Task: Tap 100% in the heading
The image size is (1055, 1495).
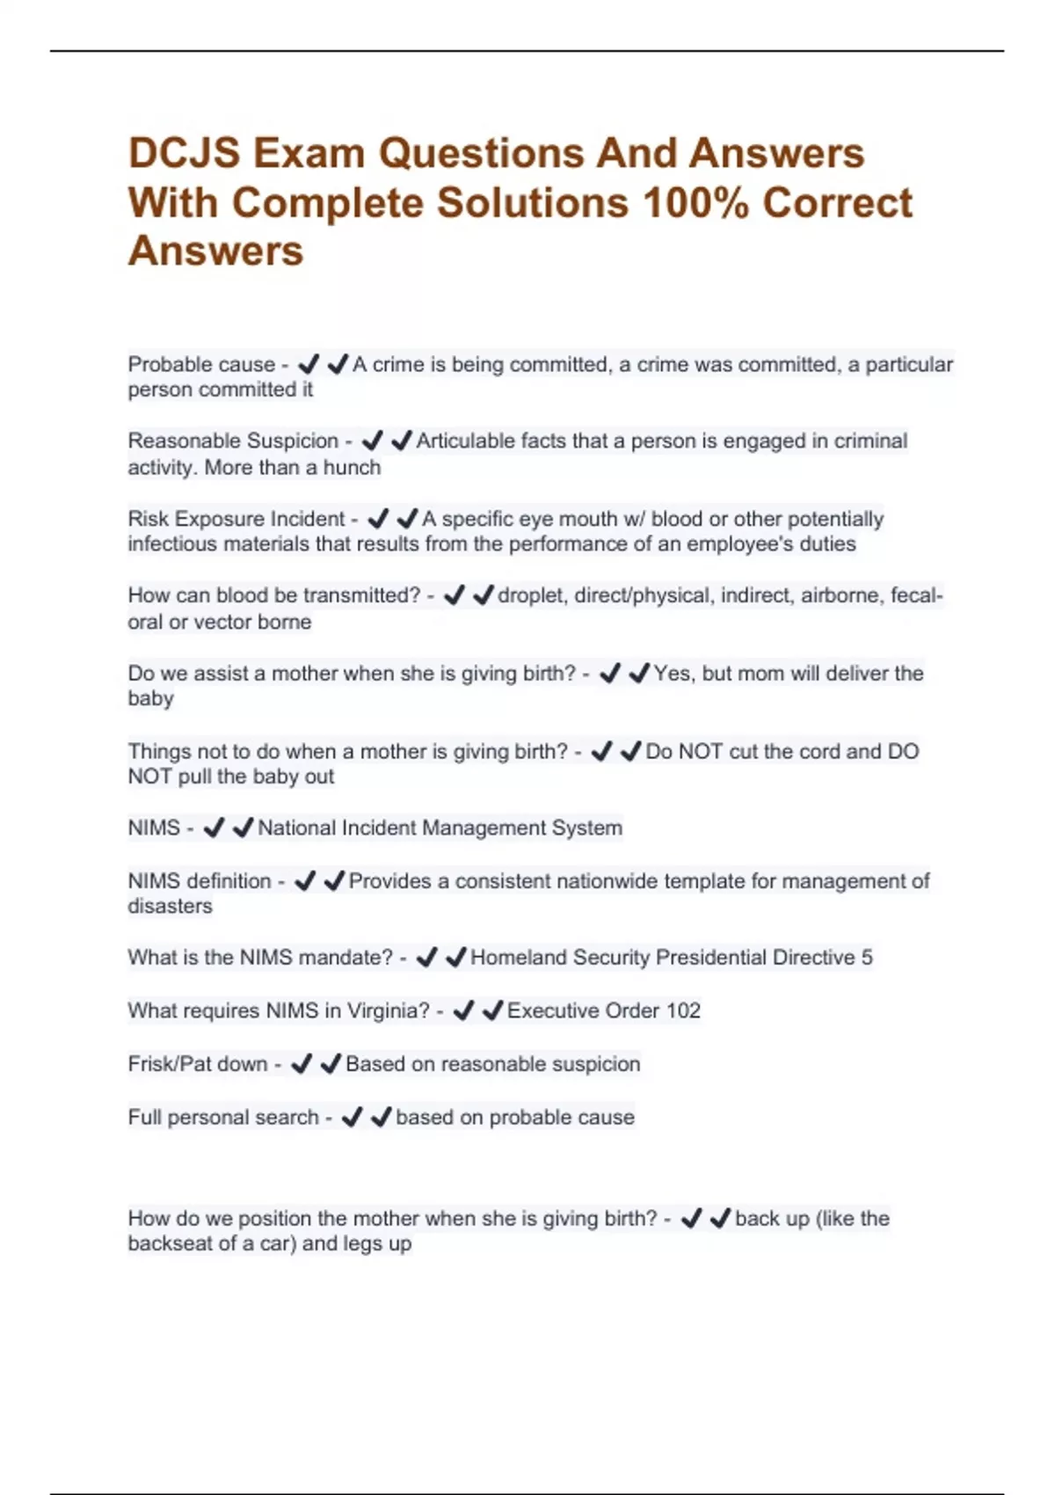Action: [x=695, y=203]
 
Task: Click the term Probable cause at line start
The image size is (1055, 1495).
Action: [x=201, y=364]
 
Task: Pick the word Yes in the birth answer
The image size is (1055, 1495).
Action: [x=672, y=674]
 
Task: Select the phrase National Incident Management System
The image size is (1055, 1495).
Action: [x=440, y=828]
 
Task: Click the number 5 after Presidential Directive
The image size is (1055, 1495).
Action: [x=867, y=958]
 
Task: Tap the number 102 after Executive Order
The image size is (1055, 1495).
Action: [x=682, y=1010]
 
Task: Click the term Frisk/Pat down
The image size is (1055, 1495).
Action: [x=197, y=1064]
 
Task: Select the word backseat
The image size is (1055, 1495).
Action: [x=171, y=1243]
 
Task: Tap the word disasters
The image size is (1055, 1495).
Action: [x=170, y=907]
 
